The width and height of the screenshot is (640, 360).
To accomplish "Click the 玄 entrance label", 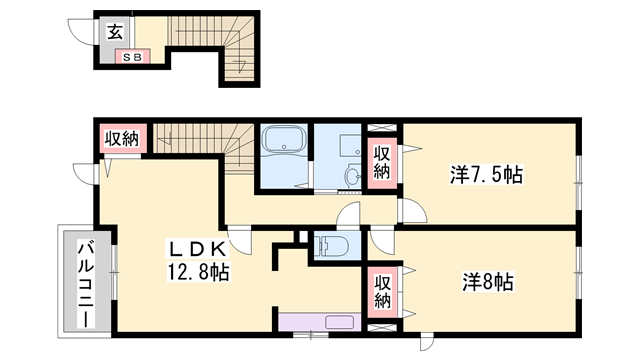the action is (x=115, y=32).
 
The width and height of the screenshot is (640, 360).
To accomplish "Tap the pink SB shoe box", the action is (x=132, y=56).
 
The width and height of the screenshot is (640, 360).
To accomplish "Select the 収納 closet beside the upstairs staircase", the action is (x=121, y=139).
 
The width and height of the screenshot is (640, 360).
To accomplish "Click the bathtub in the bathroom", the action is (x=285, y=140).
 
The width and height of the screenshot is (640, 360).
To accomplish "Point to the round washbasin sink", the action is (x=352, y=176).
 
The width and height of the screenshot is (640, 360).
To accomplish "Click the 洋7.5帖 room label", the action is (x=486, y=174).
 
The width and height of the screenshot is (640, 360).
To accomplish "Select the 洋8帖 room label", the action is (x=488, y=282).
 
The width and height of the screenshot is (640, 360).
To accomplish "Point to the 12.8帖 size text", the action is (x=198, y=272).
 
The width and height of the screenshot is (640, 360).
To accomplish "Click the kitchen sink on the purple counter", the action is (x=340, y=322).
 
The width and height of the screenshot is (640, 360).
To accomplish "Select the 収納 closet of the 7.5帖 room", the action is (x=382, y=163).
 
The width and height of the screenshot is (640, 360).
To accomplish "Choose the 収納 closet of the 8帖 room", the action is (x=382, y=292).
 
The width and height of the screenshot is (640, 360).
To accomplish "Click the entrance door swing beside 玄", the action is (x=81, y=31).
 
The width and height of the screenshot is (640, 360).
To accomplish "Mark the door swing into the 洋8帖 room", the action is (x=382, y=243).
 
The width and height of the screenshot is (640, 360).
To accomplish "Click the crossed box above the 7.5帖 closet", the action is (x=382, y=127).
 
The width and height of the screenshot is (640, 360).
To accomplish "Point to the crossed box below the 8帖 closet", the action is (x=382, y=328).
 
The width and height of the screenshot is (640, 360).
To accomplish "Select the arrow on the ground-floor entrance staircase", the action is (x=239, y=64).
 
